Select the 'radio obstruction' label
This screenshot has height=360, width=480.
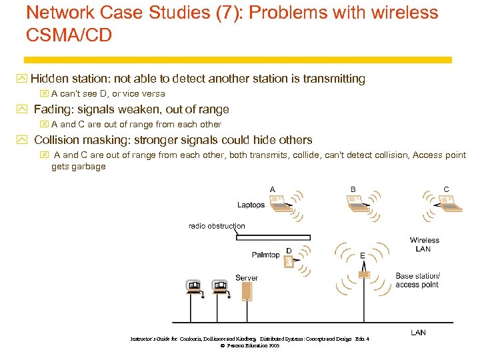pyautogui.click(x=217, y=226)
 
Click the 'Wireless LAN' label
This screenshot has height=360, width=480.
pyautogui.click(x=425, y=244)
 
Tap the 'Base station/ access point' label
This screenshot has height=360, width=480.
pyautogui.click(x=417, y=280)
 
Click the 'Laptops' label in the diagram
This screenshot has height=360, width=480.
pyautogui.click(x=251, y=205)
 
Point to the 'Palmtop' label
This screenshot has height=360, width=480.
pyautogui.click(x=266, y=255)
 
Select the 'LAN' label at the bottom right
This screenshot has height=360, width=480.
pyautogui.click(x=418, y=332)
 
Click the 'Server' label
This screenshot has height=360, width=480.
pyautogui.click(x=246, y=277)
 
